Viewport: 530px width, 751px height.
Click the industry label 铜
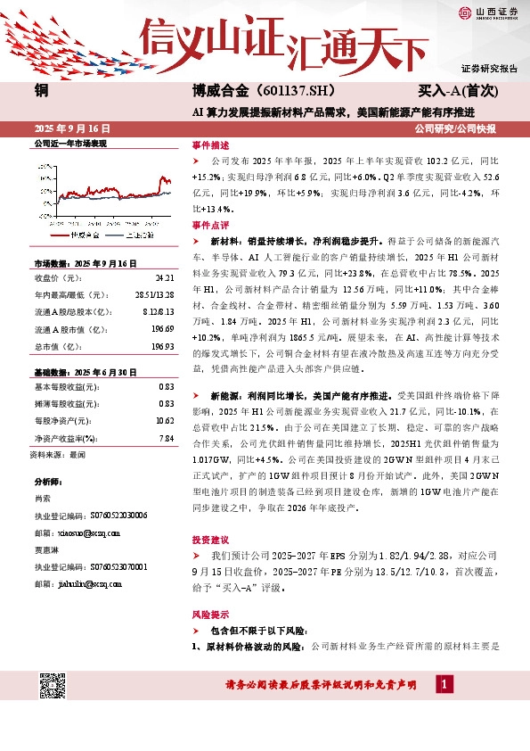click(41, 90)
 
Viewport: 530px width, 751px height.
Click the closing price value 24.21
click(164, 277)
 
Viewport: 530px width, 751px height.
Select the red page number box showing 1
click(444, 684)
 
